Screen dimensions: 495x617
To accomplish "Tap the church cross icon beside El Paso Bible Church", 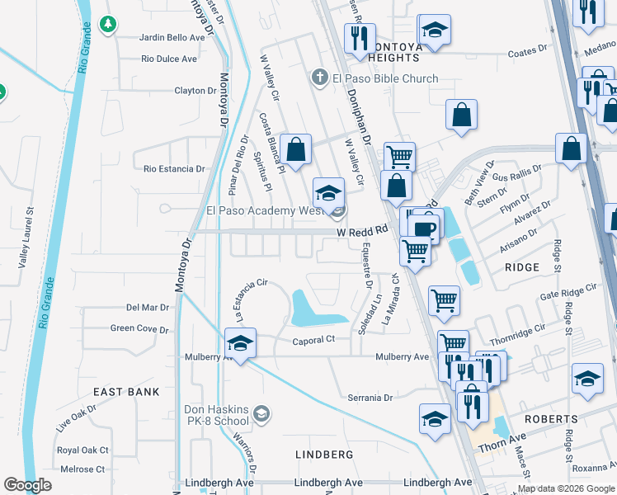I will point(319,78).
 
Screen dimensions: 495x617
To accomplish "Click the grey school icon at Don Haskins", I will point(261,413).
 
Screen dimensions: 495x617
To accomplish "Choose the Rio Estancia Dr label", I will point(174,168).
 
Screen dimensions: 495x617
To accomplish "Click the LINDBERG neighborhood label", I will point(324,455).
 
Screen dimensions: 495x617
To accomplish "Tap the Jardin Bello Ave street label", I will point(172,38).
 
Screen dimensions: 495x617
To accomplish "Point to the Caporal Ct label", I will point(313,340).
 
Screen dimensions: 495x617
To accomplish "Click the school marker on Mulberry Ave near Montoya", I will point(240,342).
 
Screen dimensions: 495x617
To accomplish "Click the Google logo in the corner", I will point(27,484).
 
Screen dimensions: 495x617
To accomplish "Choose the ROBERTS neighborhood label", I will point(550,419).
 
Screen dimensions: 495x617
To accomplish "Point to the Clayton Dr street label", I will point(195,90).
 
